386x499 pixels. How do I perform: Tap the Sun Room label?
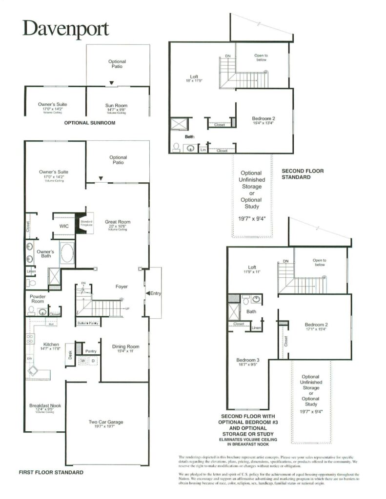click(117, 105)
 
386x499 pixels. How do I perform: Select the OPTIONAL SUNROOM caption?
click(90, 123)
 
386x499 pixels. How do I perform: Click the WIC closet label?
click(63, 226)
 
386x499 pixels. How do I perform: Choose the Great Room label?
click(118, 222)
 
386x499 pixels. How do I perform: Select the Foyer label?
click(122, 287)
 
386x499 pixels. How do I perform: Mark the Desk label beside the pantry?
click(70, 355)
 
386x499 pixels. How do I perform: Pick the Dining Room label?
click(125, 347)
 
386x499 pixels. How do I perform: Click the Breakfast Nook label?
click(45, 405)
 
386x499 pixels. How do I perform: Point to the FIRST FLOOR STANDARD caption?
click(51, 473)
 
